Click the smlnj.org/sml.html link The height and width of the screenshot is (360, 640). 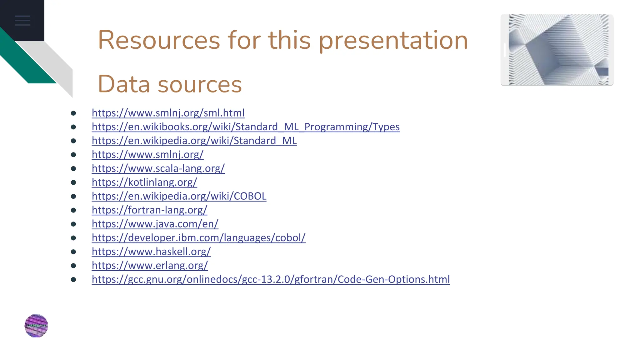coord(168,113)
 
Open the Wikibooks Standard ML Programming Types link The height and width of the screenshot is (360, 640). coord(246,127)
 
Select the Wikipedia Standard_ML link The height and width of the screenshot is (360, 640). coord(194,141)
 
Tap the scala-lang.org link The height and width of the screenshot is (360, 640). coord(158,168)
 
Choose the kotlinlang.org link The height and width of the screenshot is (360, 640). coord(144,182)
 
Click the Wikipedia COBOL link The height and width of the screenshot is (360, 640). coord(179,196)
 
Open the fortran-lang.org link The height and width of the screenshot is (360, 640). coord(149,210)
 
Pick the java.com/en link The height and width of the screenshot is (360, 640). coord(155,224)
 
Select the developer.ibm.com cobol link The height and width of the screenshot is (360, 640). coord(198,238)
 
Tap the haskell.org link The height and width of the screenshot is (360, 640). coord(151,252)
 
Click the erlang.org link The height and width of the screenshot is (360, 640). coord(150,265)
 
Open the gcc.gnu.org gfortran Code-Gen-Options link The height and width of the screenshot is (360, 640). coord(271,279)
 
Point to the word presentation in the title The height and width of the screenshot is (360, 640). coord(393,41)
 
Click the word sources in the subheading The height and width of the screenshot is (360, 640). coord(200,84)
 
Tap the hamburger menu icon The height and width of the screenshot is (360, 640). coord(22,21)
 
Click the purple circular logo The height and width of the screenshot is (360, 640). coord(36,326)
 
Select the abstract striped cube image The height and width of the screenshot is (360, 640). coord(557,50)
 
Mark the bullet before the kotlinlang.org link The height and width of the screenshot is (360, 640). coord(73,182)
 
